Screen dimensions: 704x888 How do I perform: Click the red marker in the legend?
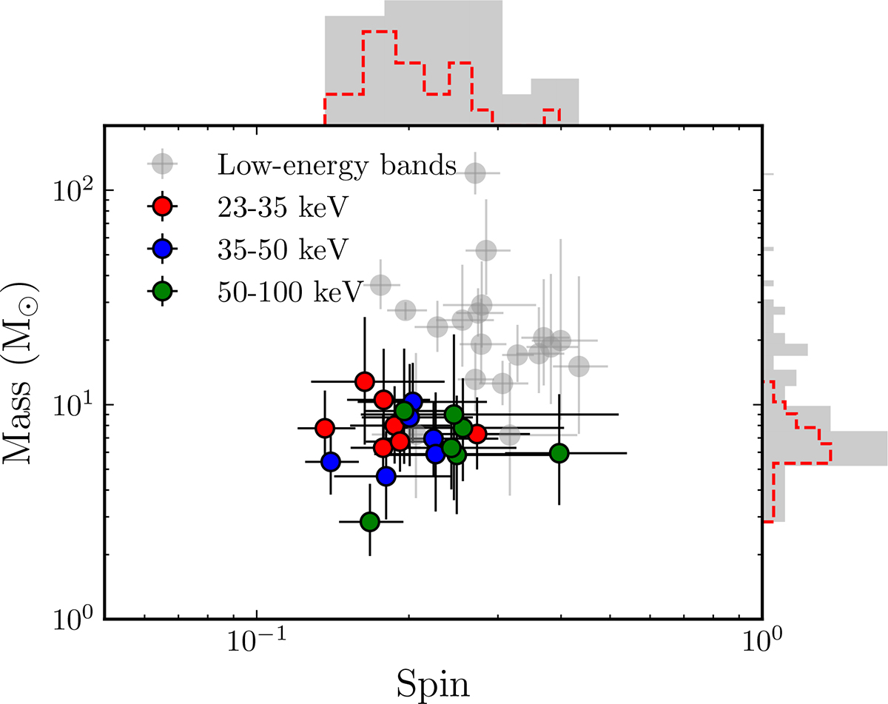[161, 207]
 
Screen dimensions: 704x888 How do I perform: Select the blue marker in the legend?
[161, 249]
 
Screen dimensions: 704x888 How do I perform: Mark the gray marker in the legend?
[161, 164]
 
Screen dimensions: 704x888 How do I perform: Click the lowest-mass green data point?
[370, 522]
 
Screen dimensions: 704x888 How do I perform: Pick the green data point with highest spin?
[559, 453]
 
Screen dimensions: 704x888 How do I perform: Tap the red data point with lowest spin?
[325, 428]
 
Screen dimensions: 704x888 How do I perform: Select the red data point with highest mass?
[364, 381]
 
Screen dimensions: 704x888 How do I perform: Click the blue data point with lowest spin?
[330, 461]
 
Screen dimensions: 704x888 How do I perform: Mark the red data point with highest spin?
[477, 434]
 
